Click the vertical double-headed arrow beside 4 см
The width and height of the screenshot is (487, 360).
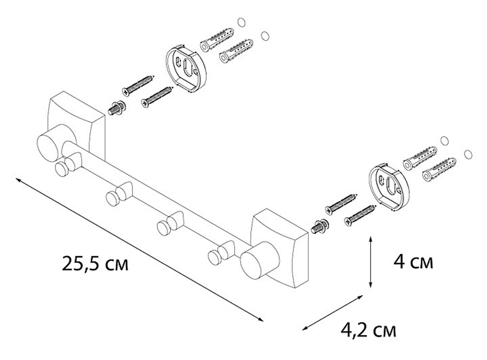pos(372,262)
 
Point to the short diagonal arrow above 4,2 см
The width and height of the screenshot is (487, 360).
pos(333,312)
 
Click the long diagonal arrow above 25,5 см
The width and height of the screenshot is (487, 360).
pos(139,249)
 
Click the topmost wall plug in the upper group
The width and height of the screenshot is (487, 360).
pos(217,39)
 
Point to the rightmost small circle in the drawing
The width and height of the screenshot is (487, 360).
pos(468,154)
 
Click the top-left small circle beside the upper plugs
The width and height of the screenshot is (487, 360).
pos(240,22)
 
